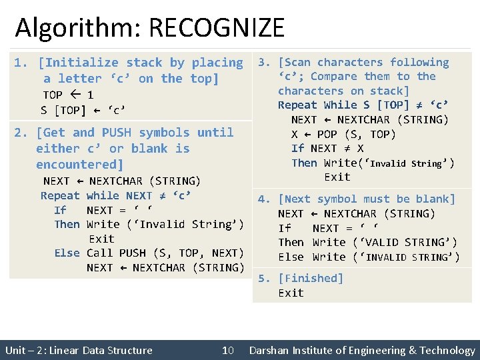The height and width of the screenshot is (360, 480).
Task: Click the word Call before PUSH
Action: pyautogui.click(x=100, y=253)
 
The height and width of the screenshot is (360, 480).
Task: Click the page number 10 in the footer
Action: pyautogui.click(x=228, y=351)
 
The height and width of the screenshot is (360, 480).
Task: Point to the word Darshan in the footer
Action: pyautogui.click(x=272, y=351)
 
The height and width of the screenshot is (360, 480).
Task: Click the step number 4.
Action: pyautogui.click(x=263, y=199)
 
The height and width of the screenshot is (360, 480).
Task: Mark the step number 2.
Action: pyautogui.click(x=19, y=133)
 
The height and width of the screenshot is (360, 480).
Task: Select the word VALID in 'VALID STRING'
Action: pyautogui.click(x=381, y=243)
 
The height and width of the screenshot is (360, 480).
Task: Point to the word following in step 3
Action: pyautogui.click(x=419, y=63)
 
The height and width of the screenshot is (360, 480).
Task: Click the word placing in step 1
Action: pyautogui.click(x=217, y=63)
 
